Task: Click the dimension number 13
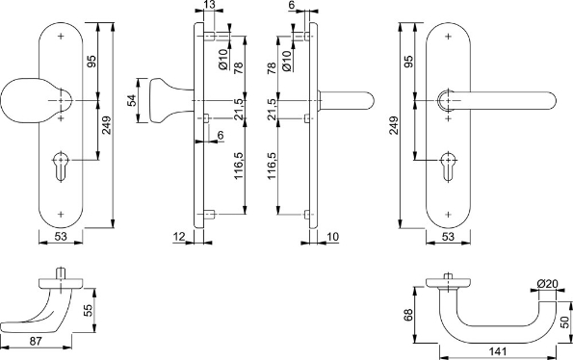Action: point(210,7)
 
